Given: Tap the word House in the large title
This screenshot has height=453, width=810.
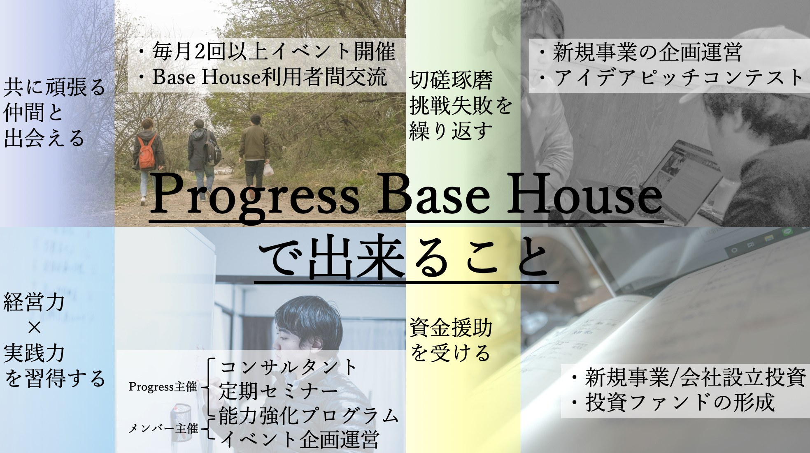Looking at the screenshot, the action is (584, 194).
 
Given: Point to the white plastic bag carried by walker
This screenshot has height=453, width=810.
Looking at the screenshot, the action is (268, 169).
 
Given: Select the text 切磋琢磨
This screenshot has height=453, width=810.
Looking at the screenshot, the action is (450, 80).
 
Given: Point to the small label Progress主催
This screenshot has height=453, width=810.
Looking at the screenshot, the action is (163, 387).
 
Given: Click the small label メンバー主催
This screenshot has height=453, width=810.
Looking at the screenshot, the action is (163, 429).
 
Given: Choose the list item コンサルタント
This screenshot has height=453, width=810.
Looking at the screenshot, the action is (288, 367).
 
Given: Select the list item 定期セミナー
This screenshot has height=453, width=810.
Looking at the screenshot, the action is (279, 391).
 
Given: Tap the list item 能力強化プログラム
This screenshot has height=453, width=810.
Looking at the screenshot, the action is (309, 416).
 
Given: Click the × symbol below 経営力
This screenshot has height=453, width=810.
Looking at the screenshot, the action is (35, 328).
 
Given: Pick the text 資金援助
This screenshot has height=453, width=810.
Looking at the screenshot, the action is (451, 328).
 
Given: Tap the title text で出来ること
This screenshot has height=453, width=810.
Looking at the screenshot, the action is (405, 257).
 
